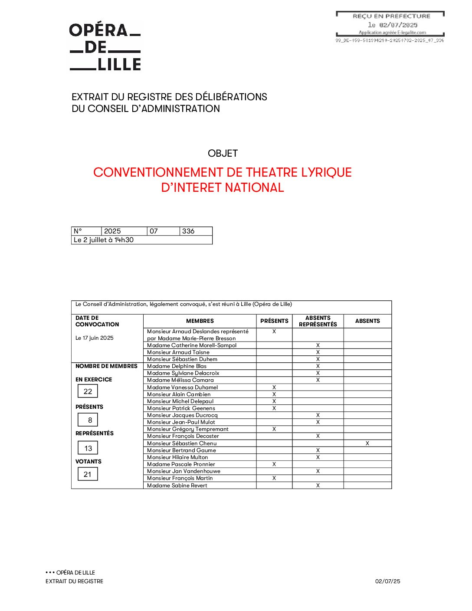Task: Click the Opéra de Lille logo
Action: (x=105, y=47)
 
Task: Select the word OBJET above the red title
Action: (x=223, y=154)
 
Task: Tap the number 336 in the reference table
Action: (x=188, y=231)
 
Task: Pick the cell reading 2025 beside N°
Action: (x=112, y=231)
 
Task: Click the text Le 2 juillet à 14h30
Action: (x=104, y=240)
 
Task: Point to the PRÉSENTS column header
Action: (x=274, y=321)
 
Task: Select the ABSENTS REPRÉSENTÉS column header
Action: (x=318, y=321)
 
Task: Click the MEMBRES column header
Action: (x=200, y=321)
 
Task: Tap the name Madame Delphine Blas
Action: (x=177, y=366)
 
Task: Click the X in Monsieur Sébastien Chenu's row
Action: (x=367, y=443)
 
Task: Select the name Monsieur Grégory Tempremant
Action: (x=187, y=429)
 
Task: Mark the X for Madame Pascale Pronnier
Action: (x=274, y=464)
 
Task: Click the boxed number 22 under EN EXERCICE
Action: (x=88, y=391)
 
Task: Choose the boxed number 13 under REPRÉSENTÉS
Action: (x=88, y=448)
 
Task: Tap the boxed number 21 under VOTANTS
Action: (x=88, y=474)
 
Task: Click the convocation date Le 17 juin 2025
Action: (x=95, y=338)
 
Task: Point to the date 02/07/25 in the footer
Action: (x=388, y=581)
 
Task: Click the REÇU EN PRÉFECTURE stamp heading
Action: (x=391, y=16)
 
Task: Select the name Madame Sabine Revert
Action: (x=177, y=486)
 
